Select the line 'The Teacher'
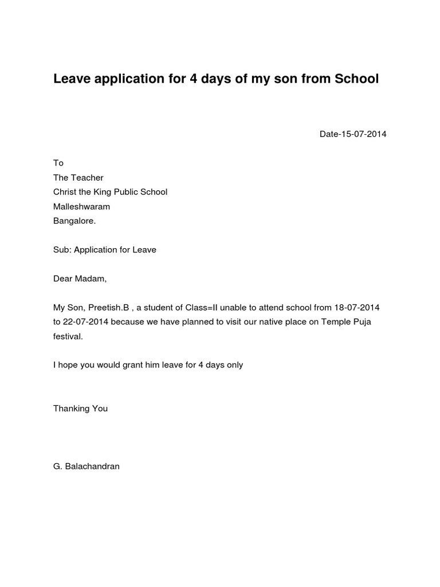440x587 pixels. point(78,178)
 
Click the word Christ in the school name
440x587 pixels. point(65,192)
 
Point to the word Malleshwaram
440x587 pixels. point(81,206)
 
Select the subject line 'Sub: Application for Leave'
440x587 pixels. point(104,250)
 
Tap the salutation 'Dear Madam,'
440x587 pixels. point(80,279)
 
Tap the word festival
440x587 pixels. point(68,336)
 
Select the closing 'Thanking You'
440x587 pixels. point(80,409)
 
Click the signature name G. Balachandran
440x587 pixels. point(86,467)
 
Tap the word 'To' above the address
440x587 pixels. point(58,163)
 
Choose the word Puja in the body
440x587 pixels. point(362,322)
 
